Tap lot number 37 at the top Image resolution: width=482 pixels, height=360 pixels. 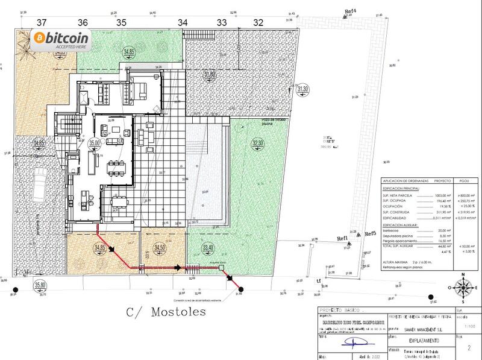click(42, 22)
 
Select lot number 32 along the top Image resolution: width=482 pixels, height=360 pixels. click(259, 22)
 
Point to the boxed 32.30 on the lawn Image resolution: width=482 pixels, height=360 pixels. click(258, 143)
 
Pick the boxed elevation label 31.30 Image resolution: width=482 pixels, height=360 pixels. click(303, 89)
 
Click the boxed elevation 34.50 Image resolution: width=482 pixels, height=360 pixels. click(160, 247)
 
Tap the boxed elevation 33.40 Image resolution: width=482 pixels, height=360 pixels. click(208, 247)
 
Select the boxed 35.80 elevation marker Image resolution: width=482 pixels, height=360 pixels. click(40, 285)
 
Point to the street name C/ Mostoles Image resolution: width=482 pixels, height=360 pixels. click(166, 312)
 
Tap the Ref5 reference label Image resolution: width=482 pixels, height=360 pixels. click(369, 233)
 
